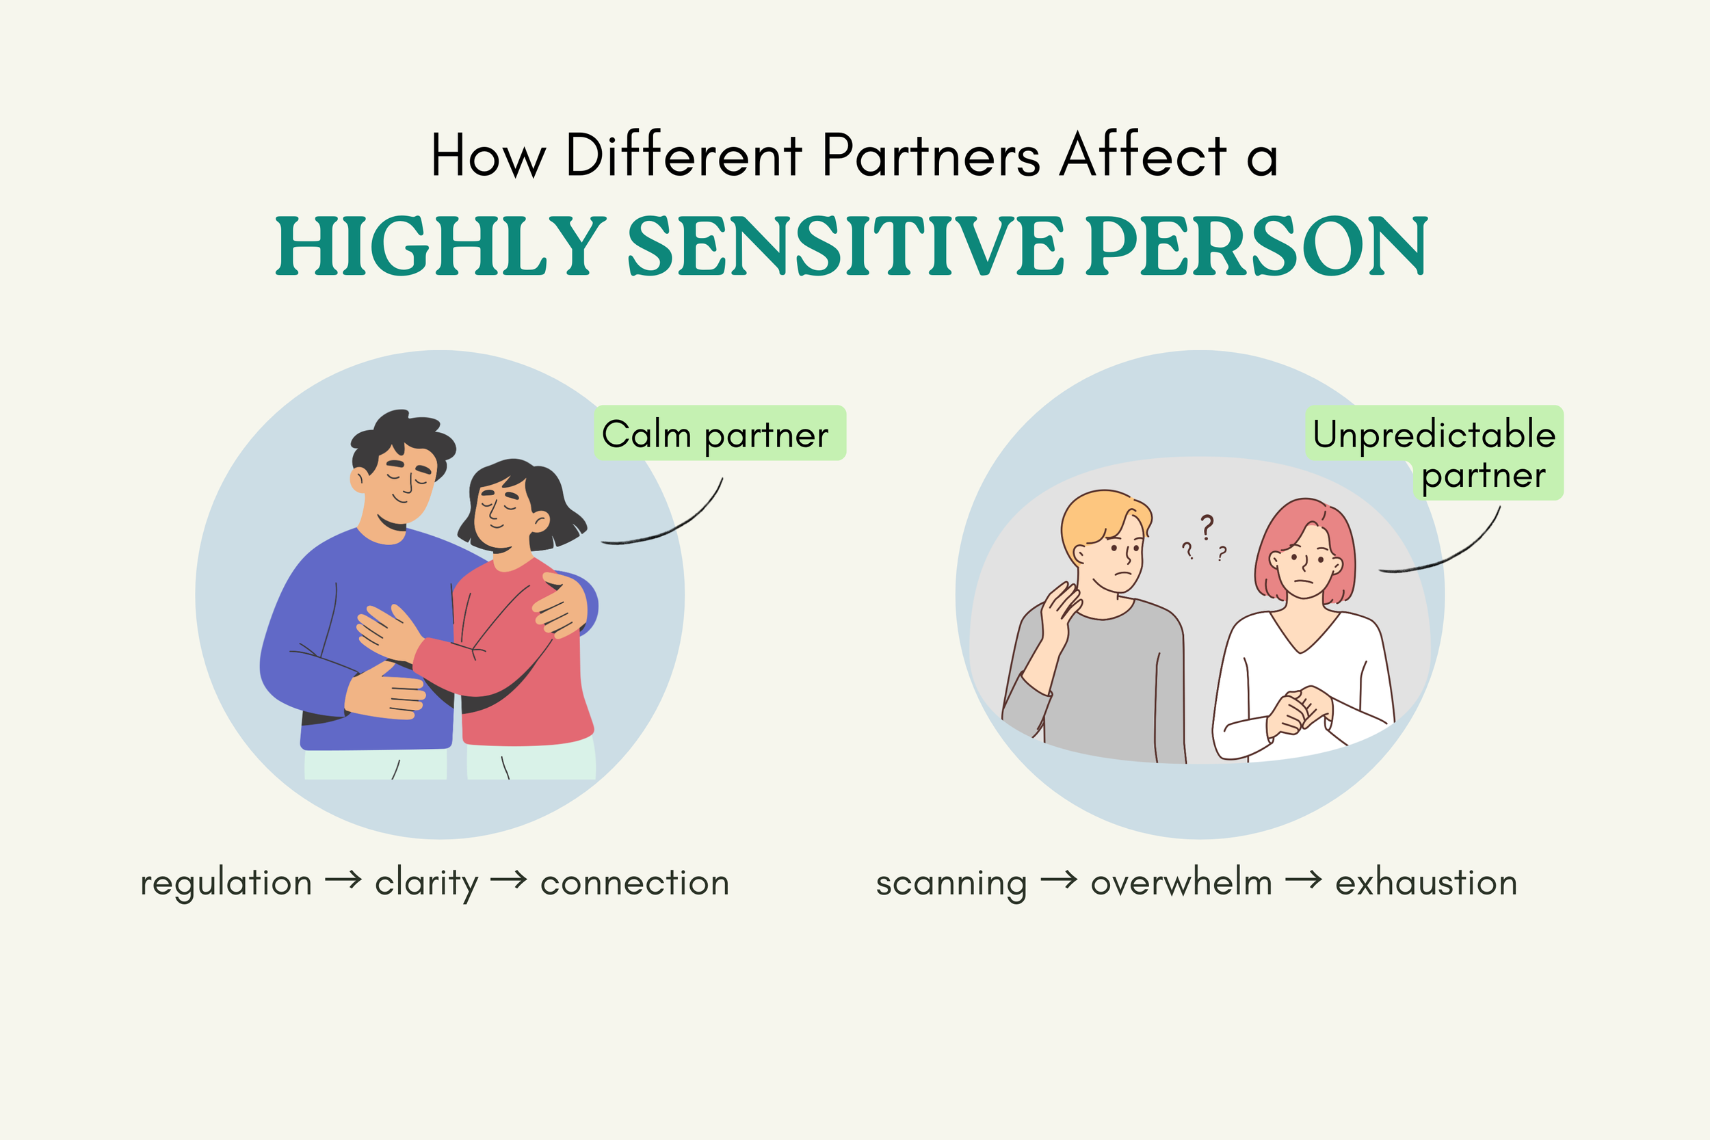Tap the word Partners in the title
pos(932,156)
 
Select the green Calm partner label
pos(720,434)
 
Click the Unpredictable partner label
pos(1434,452)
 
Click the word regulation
pos(226,883)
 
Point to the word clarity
pos(426,883)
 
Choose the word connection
pos(635,883)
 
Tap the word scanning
pos(951,883)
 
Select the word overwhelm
pos(1181,883)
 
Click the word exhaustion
pos(1426,883)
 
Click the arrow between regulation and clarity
pos(343,880)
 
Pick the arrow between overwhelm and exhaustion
pos(1304,880)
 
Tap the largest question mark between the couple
pos(1207,527)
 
